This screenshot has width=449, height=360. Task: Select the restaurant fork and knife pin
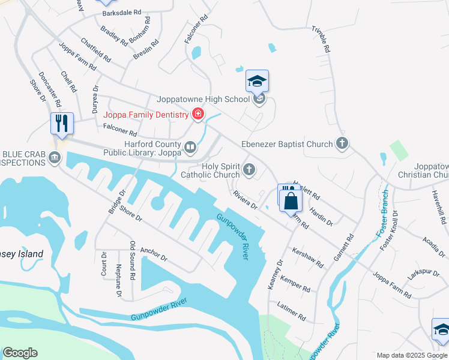[x=62, y=124]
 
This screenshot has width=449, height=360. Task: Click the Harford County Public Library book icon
[x=190, y=147]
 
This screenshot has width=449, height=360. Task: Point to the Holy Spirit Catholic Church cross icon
[x=249, y=170]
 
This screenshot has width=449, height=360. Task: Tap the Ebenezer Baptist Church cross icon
[x=342, y=144]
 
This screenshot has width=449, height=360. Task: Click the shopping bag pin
[x=290, y=200]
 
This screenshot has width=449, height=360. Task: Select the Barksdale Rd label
[x=121, y=13]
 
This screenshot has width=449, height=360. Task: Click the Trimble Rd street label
[x=321, y=40]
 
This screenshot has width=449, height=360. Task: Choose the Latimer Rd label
[x=291, y=312]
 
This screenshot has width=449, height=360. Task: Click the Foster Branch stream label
[x=382, y=220]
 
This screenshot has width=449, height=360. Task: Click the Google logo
[x=21, y=352]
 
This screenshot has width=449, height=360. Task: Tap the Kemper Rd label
[x=295, y=285]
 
